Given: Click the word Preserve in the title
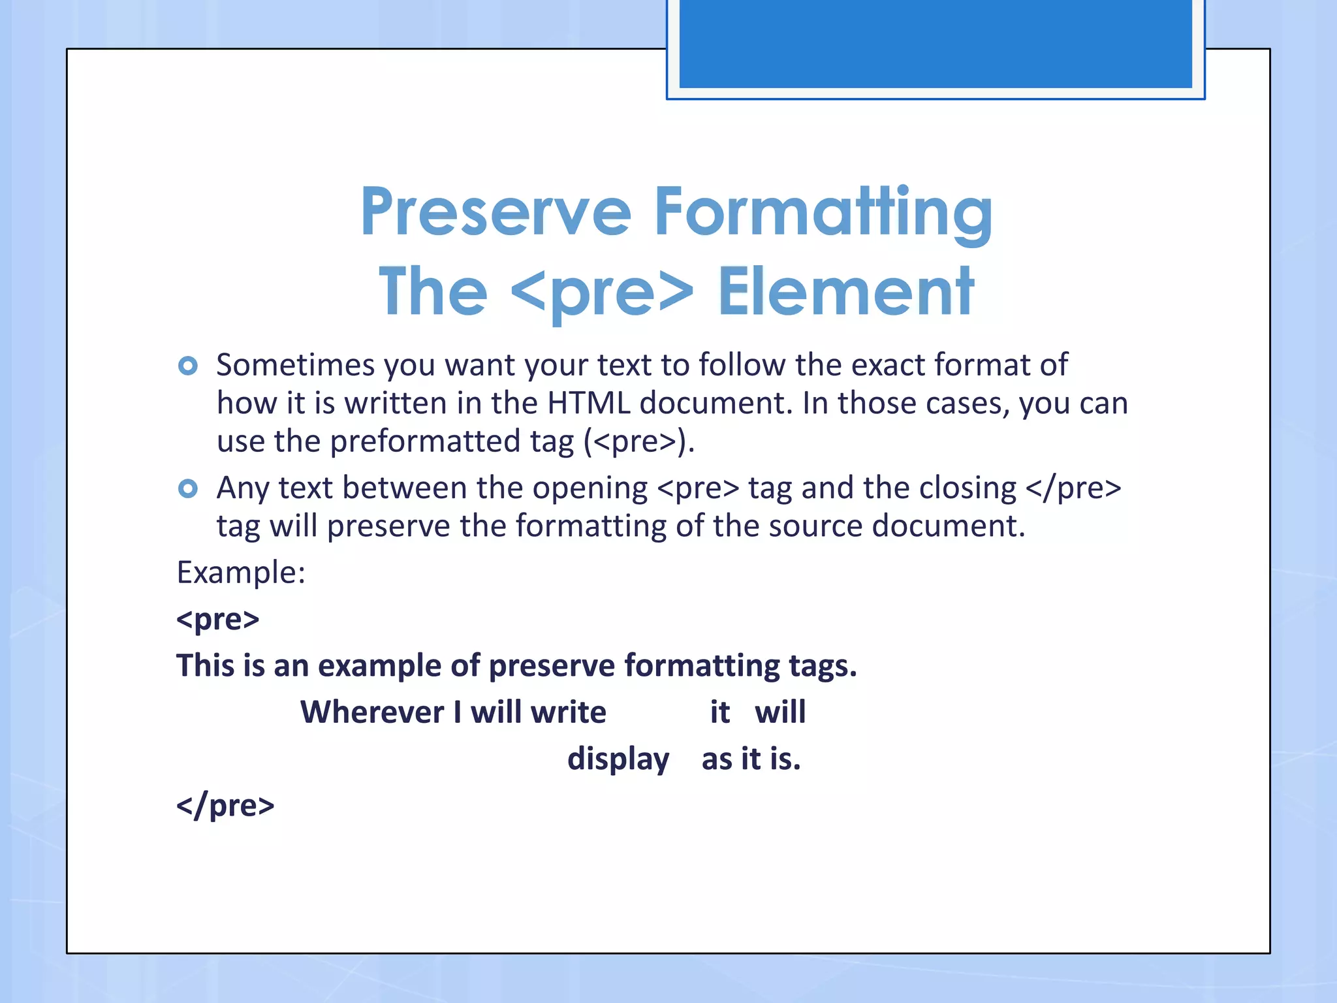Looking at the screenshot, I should click(495, 212).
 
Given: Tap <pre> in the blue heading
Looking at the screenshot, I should click(601, 292).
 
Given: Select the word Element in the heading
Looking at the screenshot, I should click(846, 292).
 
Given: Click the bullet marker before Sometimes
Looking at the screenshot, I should click(188, 366).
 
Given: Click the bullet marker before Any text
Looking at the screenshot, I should click(188, 488).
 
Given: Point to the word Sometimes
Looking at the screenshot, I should click(295, 364).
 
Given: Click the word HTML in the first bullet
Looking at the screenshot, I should click(588, 403).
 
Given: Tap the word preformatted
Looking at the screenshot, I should click(425, 441).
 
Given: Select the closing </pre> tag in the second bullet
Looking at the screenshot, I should click(1073, 488).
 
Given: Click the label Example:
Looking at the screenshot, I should click(241, 573).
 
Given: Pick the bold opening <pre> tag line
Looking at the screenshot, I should click(218, 619).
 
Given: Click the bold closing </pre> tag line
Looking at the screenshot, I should click(225, 805).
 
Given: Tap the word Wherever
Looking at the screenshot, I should click(371, 712).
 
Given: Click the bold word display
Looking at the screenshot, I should click(618, 759).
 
